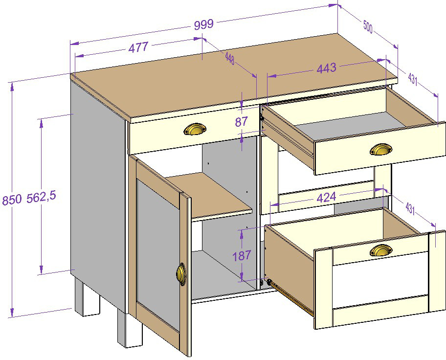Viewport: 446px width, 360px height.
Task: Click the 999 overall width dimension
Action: click(203, 24)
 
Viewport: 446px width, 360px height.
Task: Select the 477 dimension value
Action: click(138, 47)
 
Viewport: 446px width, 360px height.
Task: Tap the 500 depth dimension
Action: click(367, 27)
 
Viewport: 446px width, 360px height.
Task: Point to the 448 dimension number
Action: click(230, 59)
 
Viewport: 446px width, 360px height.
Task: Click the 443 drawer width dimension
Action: click(327, 68)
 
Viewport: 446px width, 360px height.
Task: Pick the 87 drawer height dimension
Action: click(242, 122)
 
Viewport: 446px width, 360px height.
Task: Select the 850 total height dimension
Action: click(12, 200)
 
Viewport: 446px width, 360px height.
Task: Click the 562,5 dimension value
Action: click(42, 197)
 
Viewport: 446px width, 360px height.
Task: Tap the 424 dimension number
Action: click(327, 197)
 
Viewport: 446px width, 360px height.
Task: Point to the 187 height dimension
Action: click(242, 255)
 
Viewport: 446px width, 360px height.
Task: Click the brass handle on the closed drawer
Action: click(195, 129)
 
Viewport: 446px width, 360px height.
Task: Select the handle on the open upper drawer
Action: click(381, 149)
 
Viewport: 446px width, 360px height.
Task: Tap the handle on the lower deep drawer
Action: click(381, 250)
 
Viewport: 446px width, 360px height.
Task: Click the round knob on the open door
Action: click(181, 273)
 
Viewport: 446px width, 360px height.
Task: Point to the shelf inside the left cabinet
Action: click(209, 196)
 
